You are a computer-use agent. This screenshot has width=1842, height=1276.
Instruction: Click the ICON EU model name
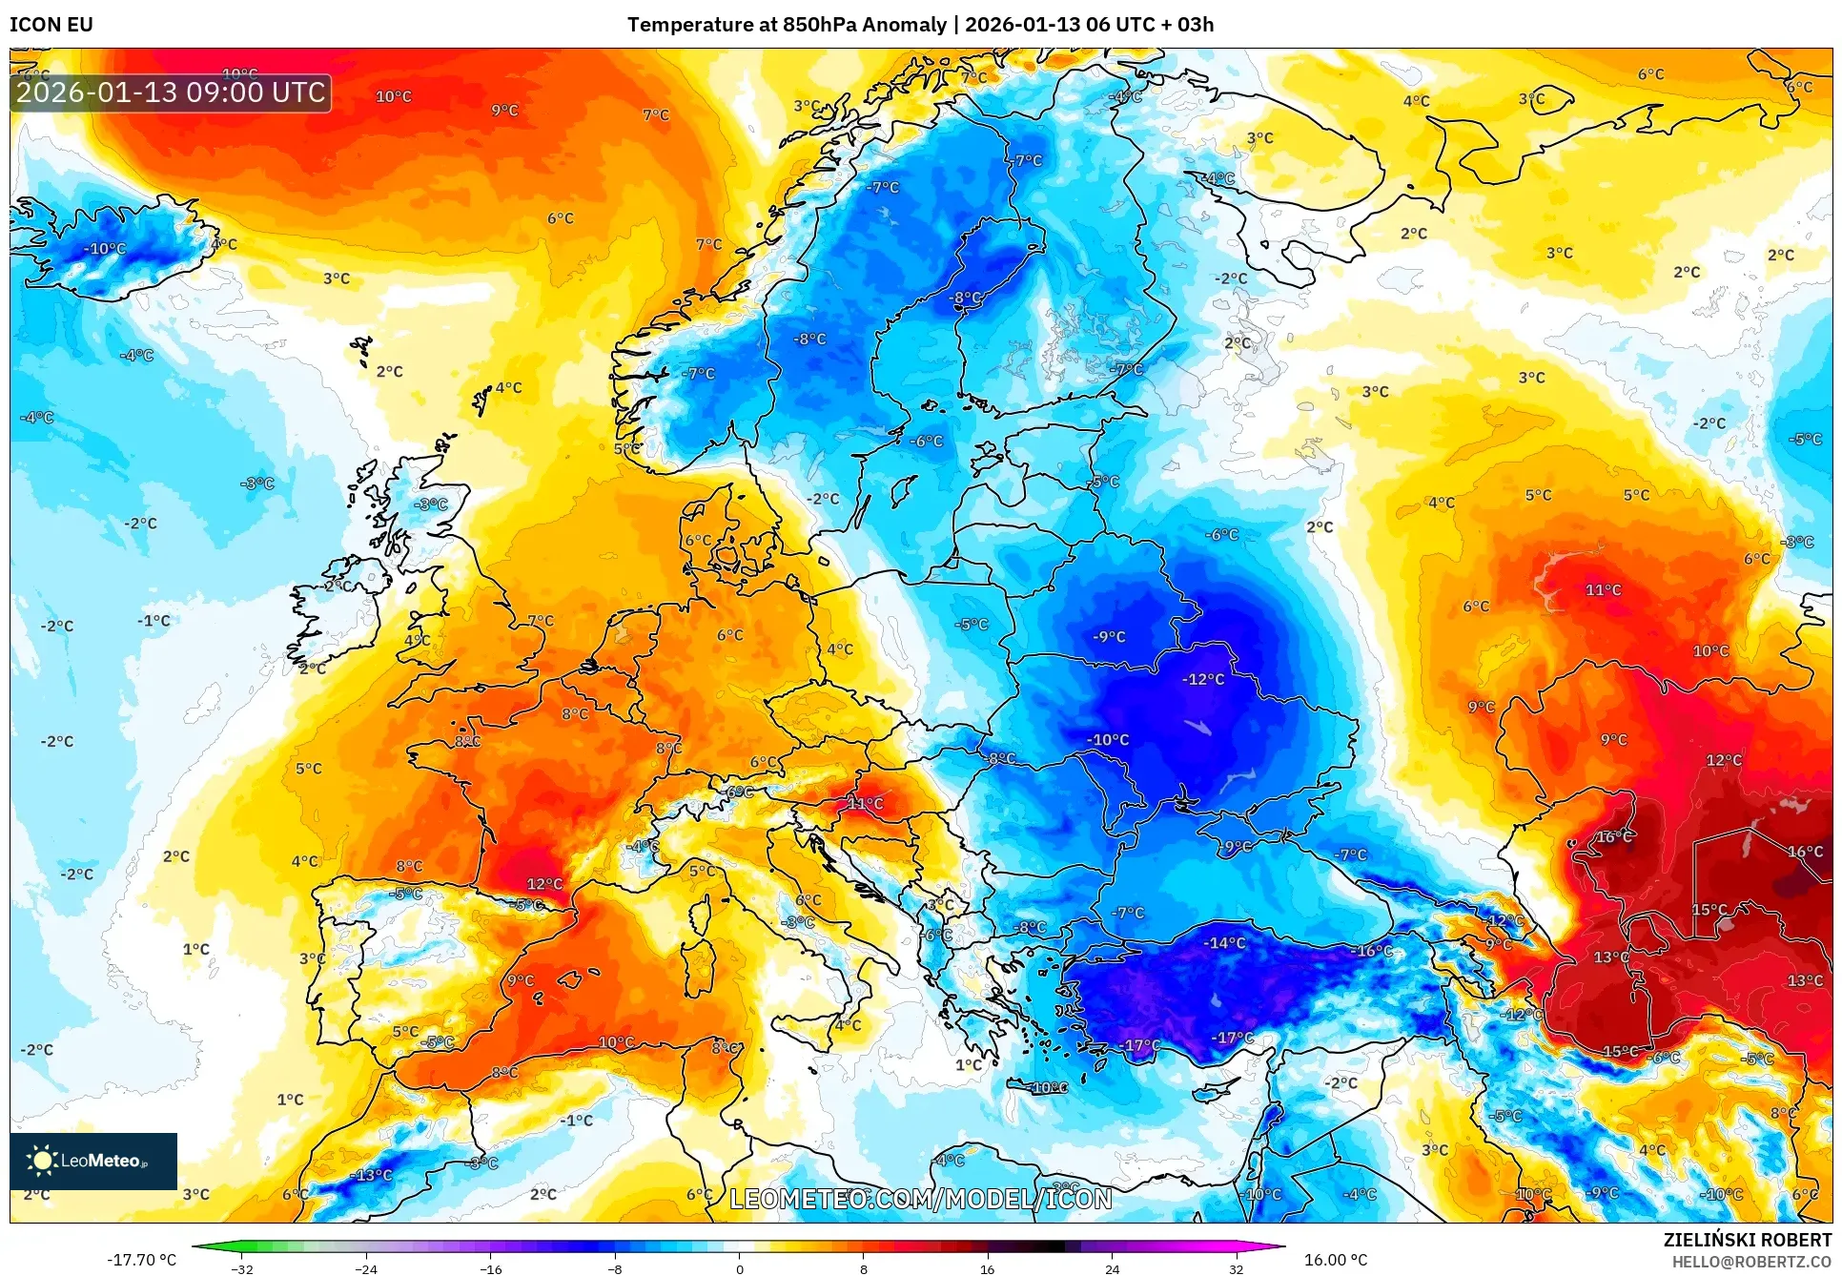coord(51,25)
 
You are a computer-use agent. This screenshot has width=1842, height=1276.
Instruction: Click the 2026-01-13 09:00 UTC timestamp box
coord(171,93)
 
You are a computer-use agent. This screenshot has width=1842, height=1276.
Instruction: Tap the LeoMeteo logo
coord(92,1161)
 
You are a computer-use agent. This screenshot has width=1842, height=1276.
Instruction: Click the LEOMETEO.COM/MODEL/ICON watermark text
coord(920,1199)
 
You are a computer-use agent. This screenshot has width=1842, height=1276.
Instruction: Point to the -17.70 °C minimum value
coord(141,1260)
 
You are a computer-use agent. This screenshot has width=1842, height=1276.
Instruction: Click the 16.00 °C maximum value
coord(1335,1260)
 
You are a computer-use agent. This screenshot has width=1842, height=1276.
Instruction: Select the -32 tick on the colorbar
coord(242,1268)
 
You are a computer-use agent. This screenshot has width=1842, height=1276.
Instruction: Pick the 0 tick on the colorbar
coord(739,1268)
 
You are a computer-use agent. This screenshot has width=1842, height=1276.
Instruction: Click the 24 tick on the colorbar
coord(1112,1268)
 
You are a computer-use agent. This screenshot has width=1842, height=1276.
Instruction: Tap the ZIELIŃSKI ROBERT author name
coord(1747,1240)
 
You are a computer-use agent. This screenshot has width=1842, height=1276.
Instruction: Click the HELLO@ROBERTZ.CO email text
coord(1750,1262)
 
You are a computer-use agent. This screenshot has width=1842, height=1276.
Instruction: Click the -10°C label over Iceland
coord(105,249)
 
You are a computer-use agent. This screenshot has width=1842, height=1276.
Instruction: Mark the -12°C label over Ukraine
coord(1203,679)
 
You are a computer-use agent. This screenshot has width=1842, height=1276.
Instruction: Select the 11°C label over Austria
coord(865,803)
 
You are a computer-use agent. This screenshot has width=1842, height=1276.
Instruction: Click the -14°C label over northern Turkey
coord(1224,942)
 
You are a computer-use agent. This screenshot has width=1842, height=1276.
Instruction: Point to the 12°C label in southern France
coord(544,884)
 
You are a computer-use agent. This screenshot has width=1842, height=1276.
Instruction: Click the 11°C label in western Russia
coord(1603,590)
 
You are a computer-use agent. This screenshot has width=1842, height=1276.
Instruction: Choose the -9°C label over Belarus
coord(1109,636)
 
